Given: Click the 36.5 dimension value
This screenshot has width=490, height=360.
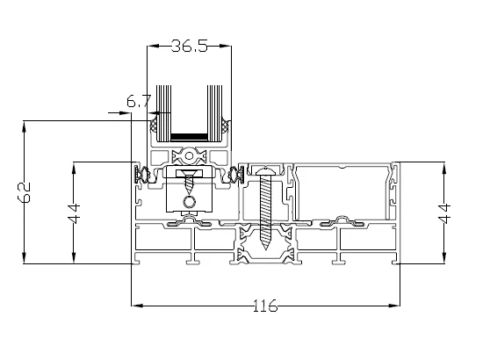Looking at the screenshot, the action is point(190,46).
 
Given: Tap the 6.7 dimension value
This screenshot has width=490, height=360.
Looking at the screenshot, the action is point(139,101).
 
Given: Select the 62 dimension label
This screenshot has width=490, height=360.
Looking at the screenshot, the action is point(24,192).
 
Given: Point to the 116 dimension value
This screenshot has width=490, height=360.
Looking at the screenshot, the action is point(265,306).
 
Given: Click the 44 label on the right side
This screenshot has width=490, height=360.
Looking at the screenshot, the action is point(444,213).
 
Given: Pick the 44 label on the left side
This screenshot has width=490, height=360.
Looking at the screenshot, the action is point(75,213).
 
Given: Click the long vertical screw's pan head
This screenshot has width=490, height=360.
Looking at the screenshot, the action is point(265,171).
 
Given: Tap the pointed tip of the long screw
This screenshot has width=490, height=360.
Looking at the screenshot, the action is point(265,248).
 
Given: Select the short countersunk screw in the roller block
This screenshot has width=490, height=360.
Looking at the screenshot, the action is point(189,182).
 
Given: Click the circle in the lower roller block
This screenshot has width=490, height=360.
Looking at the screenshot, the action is point(189,202).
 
